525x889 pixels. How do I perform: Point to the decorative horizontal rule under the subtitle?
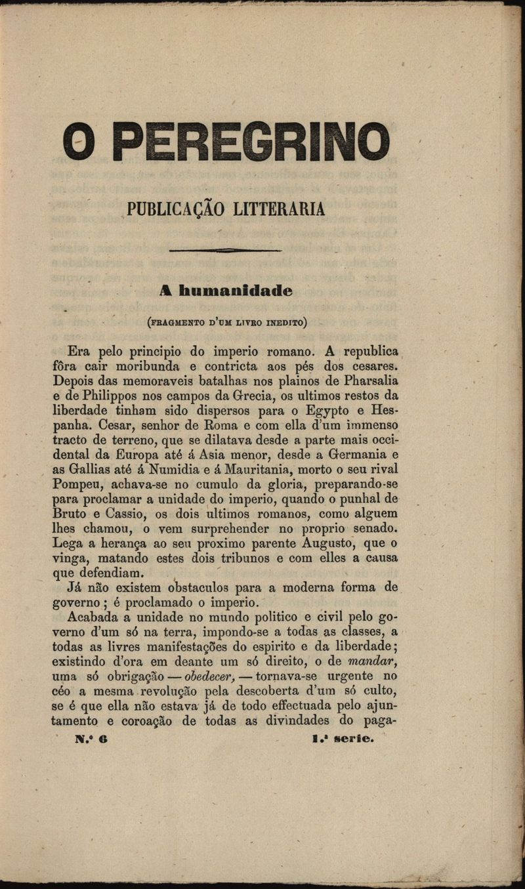click(x=225, y=250)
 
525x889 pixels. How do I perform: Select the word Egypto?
click(x=329, y=411)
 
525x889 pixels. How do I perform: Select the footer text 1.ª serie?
click(x=343, y=739)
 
